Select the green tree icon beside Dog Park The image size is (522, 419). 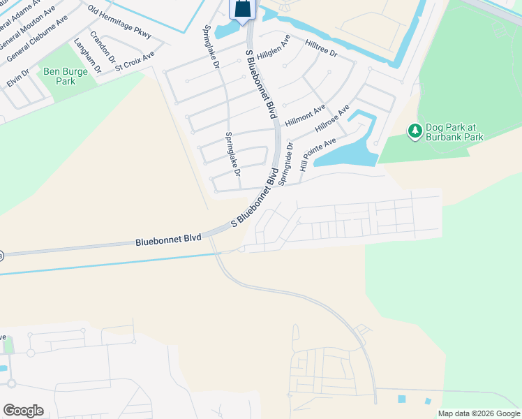tap(415, 131)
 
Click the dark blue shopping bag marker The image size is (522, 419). tap(242, 9)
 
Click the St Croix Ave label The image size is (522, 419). tap(135, 61)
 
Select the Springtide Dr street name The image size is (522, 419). tap(285, 165)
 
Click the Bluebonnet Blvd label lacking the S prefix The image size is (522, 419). tap(168, 240)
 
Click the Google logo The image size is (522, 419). tap(23, 411)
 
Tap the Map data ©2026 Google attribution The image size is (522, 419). tap(478, 413)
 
